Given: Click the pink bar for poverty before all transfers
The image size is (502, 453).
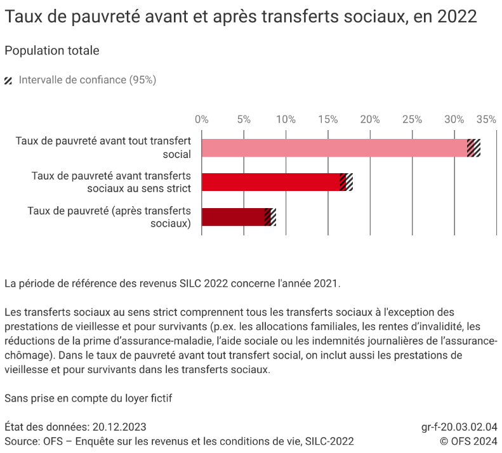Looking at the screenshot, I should pyautogui.click(x=334, y=148).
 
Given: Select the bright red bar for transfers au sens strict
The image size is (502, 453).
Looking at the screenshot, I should pyautogui.click(x=270, y=182).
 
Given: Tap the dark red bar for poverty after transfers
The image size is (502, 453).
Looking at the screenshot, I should pyautogui.click(x=233, y=217).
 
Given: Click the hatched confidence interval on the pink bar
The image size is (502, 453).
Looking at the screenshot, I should pyautogui.click(x=473, y=148).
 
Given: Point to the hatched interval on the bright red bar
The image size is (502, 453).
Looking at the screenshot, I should pyautogui.click(x=346, y=182).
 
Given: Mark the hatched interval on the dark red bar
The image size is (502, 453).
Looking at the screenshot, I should pyautogui.click(x=270, y=217).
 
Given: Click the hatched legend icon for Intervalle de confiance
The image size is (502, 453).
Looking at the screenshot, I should pyautogui.click(x=9, y=81).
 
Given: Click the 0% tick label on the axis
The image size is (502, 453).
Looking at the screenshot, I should pyautogui.click(x=202, y=119).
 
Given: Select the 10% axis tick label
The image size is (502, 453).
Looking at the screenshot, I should pyautogui.click(x=286, y=119).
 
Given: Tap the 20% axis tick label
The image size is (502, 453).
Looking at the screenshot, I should pyautogui.click(x=370, y=119).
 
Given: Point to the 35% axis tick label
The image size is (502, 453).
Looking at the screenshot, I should pyautogui.click(x=487, y=119).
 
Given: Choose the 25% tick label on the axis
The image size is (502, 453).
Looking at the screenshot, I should pyautogui.click(x=412, y=119).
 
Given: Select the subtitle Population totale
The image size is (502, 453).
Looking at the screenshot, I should pyautogui.click(x=51, y=51).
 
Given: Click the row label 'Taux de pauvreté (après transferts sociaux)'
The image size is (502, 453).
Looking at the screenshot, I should pyautogui.click(x=109, y=217).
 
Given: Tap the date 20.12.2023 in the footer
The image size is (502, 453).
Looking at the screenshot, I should pyautogui.click(x=119, y=427).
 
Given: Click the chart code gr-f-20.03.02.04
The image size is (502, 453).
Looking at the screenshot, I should pyautogui.click(x=459, y=427).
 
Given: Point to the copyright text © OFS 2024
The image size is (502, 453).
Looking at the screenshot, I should pyautogui.click(x=468, y=441).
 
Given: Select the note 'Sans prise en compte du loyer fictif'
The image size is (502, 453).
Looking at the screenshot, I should pyautogui.click(x=88, y=398).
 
